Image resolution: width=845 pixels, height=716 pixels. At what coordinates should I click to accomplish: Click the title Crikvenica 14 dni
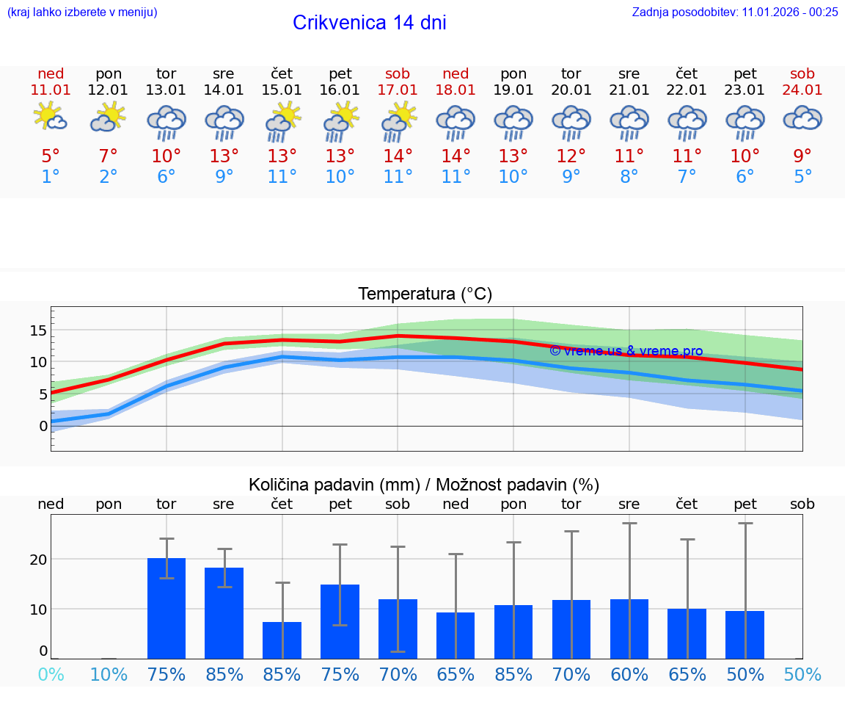(x=369, y=23)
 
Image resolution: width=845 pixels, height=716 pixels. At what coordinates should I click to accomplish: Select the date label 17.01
(x=398, y=90)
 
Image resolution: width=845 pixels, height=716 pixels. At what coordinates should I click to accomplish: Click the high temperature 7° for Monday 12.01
(x=109, y=156)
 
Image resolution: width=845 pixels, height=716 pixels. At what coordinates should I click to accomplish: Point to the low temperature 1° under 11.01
(x=51, y=177)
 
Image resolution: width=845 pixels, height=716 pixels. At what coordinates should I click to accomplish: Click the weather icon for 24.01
(x=802, y=118)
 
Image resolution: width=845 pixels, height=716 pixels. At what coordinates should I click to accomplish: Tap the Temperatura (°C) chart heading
(x=425, y=294)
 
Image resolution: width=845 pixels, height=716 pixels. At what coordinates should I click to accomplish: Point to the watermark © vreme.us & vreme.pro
(x=626, y=351)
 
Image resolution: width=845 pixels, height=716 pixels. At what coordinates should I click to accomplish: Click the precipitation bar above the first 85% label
(x=224, y=613)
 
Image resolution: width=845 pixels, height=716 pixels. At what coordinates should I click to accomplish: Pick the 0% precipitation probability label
(x=51, y=675)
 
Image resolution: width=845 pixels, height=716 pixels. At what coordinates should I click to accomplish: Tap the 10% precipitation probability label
(x=109, y=675)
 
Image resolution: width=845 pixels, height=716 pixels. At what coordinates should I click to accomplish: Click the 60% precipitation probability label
(x=629, y=675)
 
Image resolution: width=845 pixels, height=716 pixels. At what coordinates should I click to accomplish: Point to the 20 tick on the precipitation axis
(x=38, y=560)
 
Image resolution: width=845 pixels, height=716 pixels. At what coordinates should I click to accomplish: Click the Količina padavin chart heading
(x=424, y=485)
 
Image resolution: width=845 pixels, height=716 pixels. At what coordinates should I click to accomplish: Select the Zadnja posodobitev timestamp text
(x=735, y=12)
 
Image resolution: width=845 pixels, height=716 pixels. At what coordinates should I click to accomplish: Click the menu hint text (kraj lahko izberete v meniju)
(x=81, y=12)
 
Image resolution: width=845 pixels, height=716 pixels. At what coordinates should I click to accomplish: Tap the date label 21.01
(x=629, y=90)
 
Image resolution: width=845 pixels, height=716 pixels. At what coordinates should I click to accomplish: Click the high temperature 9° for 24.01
(x=802, y=156)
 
